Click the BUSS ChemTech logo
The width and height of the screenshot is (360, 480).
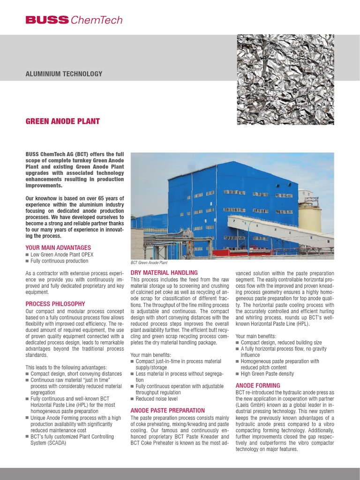tap(74, 20)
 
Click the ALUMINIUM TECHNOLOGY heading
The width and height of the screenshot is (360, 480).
tap(63, 74)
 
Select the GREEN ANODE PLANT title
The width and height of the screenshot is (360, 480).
tap(62, 121)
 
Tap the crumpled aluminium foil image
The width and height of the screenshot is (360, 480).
tap(285, 79)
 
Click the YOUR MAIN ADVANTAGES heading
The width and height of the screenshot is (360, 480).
tap(58, 247)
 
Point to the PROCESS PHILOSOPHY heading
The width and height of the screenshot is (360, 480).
tap(55, 304)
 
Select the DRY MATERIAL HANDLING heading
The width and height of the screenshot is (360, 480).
tap(164, 272)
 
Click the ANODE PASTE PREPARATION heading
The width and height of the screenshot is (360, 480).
tap(167, 410)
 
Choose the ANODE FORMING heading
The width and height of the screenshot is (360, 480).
tap(258, 385)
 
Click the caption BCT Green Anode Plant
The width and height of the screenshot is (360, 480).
tap(150, 263)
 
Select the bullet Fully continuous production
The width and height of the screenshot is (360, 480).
tap(59, 261)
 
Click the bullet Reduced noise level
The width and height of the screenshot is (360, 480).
tap(157, 399)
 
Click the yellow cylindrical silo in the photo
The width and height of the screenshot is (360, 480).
tap(309, 217)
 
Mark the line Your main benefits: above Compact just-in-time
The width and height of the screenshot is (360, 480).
tap(151, 355)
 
